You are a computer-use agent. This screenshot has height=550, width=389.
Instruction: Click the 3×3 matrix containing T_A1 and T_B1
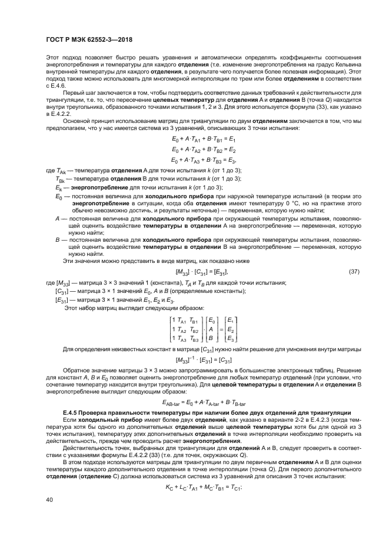point(184,329)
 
